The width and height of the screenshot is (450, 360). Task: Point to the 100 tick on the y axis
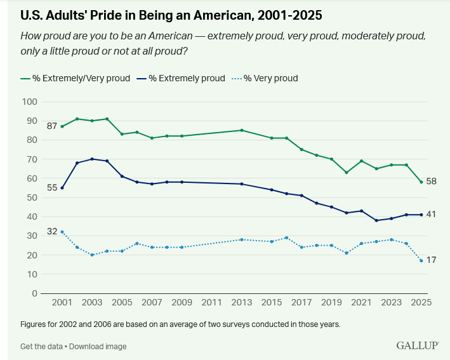(x=30, y=102)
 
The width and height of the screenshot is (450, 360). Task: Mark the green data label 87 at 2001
(x=51, y=125)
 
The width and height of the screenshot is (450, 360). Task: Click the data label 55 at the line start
(x=51, y=188)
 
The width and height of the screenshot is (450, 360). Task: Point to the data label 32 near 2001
(x=51, y=231)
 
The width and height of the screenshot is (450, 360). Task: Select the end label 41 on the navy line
(x=430, y=215)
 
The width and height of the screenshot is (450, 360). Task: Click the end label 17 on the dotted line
(x=430, y=260)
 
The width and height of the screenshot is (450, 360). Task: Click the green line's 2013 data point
(x=241, y=130)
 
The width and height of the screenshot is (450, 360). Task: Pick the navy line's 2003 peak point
(x=92, y=159)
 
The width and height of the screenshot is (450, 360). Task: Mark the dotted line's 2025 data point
(x=421, y=260)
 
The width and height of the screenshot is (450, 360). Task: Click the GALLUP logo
(x=418, y=345)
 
